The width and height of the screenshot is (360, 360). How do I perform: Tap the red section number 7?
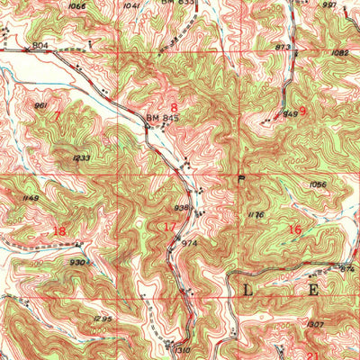pyautogui.click(x=58, y=116)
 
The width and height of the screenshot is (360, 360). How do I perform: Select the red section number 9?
pyautogui.click(x=303, y=111)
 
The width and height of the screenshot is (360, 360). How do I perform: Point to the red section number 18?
pyautogui.click(x=59, y=231)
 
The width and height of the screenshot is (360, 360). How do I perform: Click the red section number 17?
pyautogui.click(x=169, y=226)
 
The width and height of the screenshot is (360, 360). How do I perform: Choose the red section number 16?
pyautogui.click(x=294, y=229)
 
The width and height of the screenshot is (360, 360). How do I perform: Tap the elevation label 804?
pyautogui.click(x=40, y=44)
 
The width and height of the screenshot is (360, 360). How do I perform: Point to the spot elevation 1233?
pyautogui.click(x=81, y=158)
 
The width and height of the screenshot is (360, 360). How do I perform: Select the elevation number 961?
pyautogui.click(x=40, y=105)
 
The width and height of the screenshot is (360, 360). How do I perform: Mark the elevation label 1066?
pyautogui.click(x=77, y=6)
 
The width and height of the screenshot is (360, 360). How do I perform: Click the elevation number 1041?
pyautogui.click(x=132, y=6)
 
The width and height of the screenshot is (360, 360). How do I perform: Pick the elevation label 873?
pyautogui.click(x=283, y=46)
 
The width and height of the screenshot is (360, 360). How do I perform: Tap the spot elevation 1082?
pyautogui.click(x=339, y=53)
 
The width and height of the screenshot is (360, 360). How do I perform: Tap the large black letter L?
pyautogui.click(x=248, y=289)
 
